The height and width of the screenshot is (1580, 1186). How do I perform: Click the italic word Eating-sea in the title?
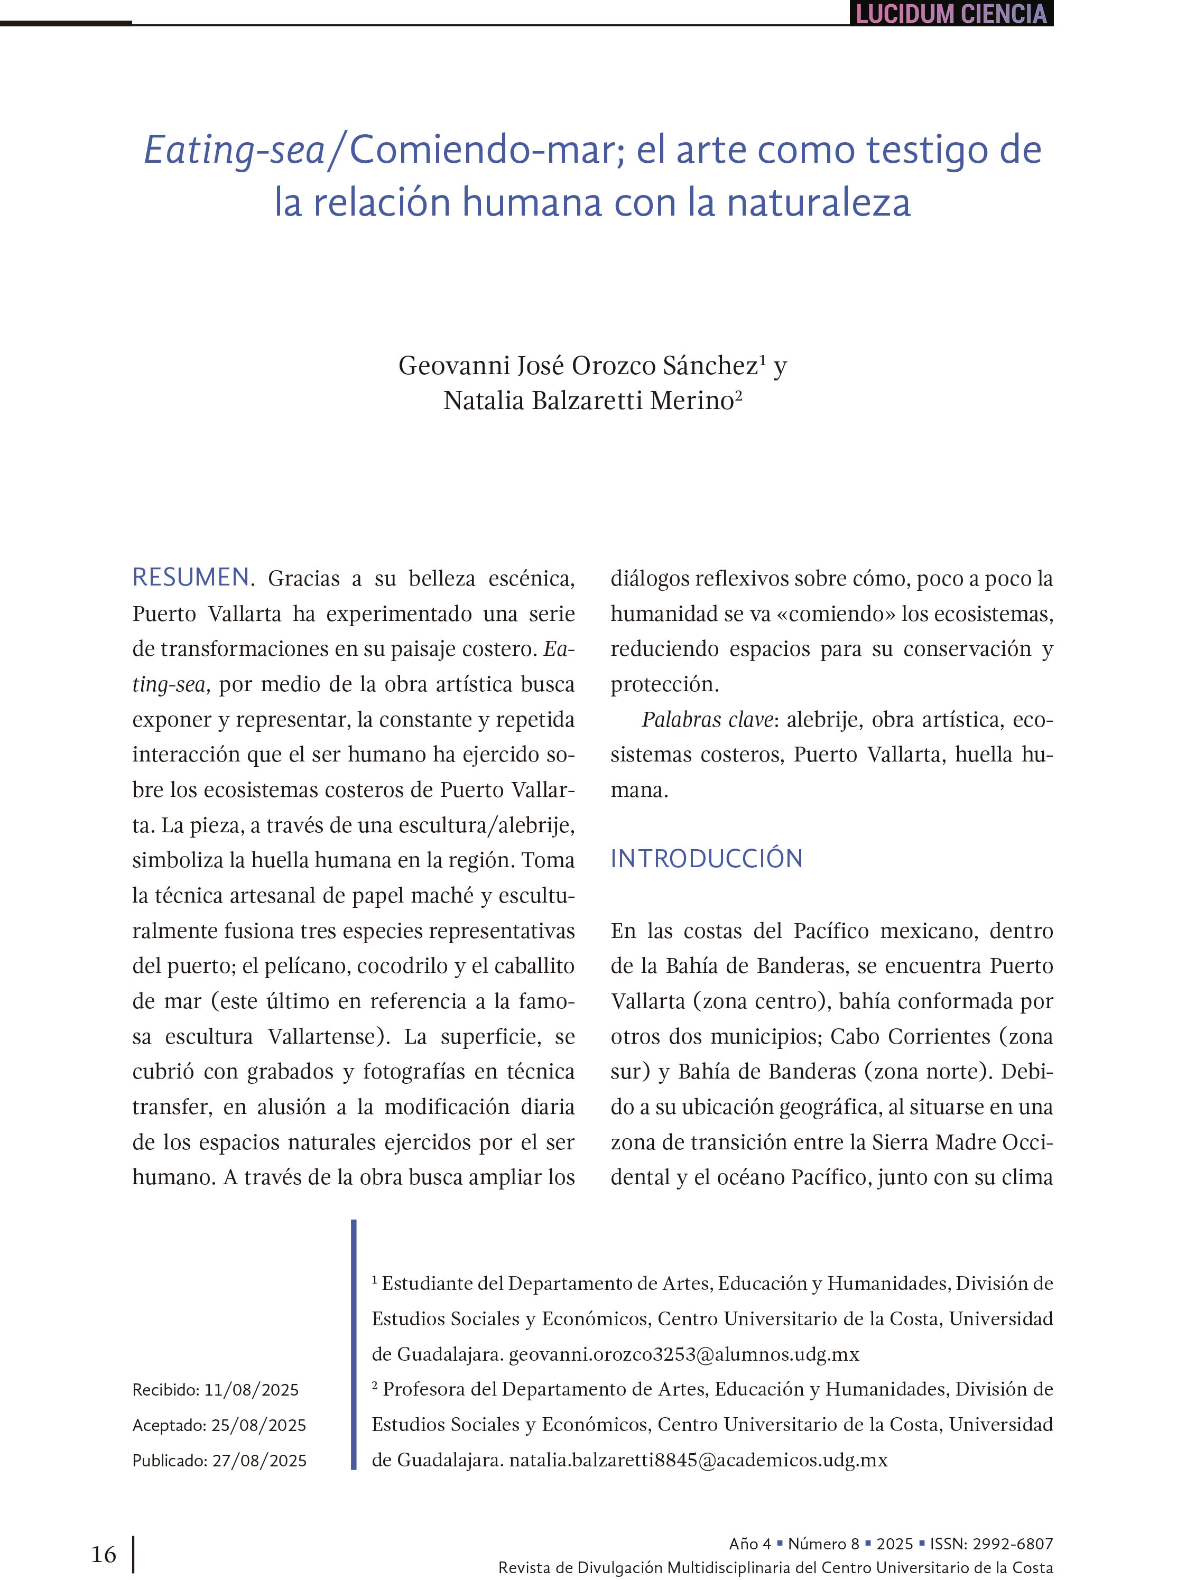[234, 151]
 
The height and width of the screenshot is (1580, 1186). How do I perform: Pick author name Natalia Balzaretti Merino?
[588, 401]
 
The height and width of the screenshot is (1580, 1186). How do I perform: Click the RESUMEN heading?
[191, 577]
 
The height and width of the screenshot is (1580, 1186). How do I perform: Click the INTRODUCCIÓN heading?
[706, 859]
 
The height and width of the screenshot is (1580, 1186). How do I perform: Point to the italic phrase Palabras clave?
[707, 720]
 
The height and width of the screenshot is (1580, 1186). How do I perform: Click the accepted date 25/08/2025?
[258, 1425]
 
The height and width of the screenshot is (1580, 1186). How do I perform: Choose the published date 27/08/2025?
[258, 1461]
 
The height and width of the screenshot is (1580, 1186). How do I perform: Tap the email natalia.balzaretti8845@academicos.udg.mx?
[698, 1460]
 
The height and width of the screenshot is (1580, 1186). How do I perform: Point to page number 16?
[104, 1554]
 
